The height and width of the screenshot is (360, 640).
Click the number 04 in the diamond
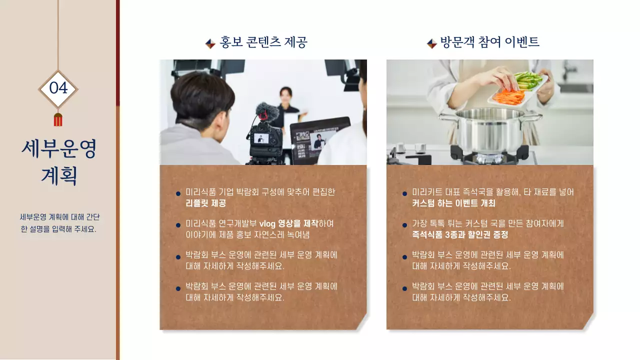(58, 88)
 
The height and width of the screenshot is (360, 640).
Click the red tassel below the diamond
(58, 120)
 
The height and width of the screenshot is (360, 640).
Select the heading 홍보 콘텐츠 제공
(263, 42)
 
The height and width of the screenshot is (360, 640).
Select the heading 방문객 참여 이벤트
(489, 42)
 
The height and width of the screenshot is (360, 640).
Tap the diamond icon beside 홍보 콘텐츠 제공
(210, 43)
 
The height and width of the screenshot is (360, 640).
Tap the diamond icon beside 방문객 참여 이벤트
(431, 43)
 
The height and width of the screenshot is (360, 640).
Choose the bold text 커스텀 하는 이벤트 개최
(453, 203)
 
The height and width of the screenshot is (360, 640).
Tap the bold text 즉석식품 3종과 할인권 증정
(460, 234)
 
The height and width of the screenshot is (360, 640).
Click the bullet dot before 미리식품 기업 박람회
(178, 194)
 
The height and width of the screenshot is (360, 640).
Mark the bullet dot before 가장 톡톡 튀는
(404, 225)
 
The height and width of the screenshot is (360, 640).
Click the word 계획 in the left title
(58, 176)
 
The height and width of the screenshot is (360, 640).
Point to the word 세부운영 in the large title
(58, 148)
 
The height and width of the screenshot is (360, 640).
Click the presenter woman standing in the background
(287, 107)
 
